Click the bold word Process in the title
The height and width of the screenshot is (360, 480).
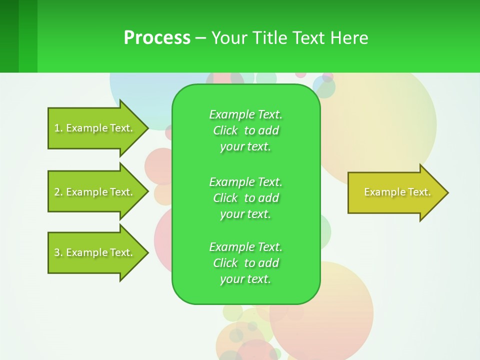click(157, 38)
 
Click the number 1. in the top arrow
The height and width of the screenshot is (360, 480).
click(58, 128)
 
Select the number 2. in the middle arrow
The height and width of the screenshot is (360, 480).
click(58, 192)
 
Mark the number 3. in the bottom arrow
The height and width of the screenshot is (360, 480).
click(58, 252)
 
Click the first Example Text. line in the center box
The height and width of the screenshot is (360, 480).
click(245, 114)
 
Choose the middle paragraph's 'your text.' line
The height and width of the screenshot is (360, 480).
click(245, 214)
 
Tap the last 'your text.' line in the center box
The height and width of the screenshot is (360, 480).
click(245, 279)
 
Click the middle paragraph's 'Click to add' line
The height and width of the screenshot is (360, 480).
click(245, 198)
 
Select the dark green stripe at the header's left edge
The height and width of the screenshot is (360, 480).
click(9, 36)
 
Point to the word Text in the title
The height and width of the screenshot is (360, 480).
click(307, 38)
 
